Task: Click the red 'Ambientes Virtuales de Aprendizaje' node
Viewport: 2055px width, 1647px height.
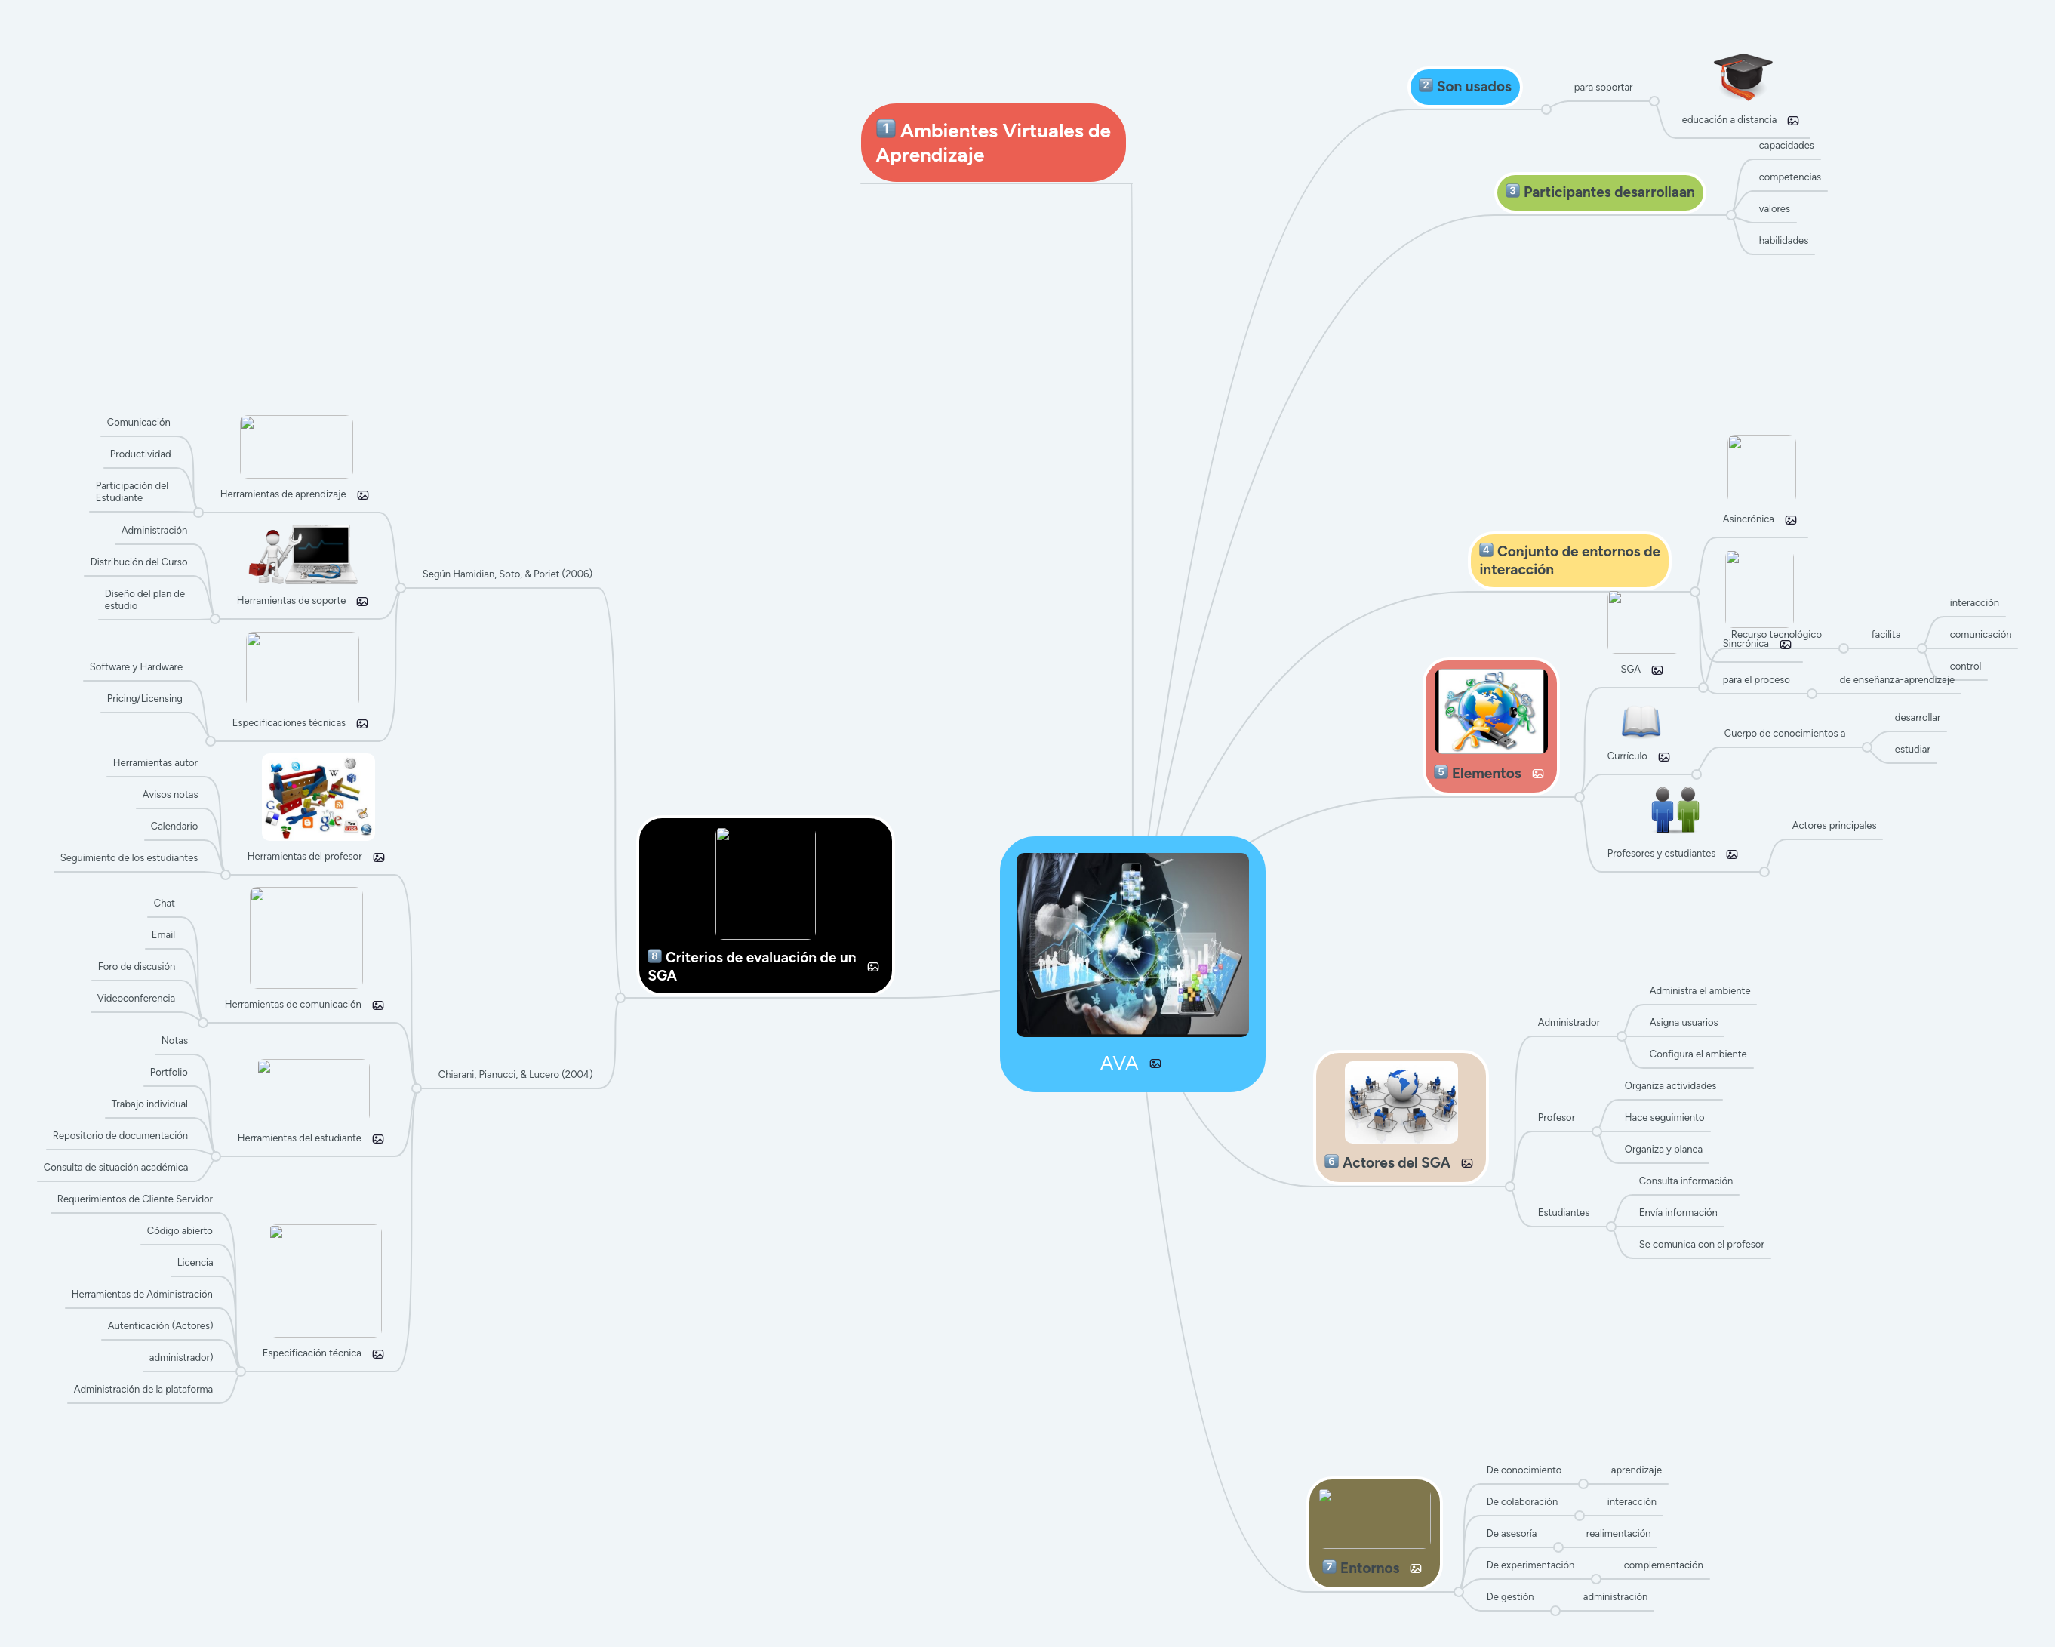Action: click(x=992, y=143)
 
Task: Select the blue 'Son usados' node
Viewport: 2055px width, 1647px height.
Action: click(x=1465, y=87)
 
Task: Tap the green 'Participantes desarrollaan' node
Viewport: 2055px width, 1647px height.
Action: click(x=1601, y=192)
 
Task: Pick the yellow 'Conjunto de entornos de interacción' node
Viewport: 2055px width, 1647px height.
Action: click(x=1569, y=560)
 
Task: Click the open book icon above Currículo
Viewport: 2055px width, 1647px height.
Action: click(x=1641, y=722)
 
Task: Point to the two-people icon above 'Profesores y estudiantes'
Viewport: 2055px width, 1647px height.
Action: click(x=1675, y=809)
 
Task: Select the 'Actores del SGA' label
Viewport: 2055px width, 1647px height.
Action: click(x=1395, y=1163)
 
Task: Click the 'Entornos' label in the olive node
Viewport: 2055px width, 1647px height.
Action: click(x=1369, y=1568)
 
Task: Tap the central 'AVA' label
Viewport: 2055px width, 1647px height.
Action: click(x=1119, y=1063)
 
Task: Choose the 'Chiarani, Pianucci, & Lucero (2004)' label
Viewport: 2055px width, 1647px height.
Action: click(x=515, y=1074)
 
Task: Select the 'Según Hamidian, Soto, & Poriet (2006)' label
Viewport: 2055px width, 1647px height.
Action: click(x=507, y=574)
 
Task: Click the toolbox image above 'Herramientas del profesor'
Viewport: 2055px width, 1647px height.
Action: click(x=318, y=797)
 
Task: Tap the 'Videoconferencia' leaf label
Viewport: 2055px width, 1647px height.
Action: click(x=137, y=998)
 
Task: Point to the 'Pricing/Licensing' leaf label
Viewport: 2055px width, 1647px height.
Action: click(x=144, y=699)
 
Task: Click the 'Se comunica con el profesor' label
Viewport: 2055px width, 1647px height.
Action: click(x=1700, y=1244)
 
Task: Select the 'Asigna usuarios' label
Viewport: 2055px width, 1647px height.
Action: click(x=1683, y=1023)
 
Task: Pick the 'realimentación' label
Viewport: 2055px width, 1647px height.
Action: click(x=1617, y=1534)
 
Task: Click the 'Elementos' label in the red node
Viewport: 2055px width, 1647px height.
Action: click(x=1486, y=774)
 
